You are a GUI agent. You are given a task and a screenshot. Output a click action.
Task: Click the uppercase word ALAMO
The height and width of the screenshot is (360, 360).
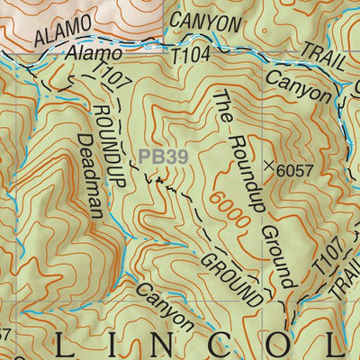tap(63, 31)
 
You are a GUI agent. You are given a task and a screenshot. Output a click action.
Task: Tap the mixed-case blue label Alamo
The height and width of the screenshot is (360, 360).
tap(93, 56)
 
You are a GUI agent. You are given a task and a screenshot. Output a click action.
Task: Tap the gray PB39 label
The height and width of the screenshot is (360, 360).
tap(163, 157)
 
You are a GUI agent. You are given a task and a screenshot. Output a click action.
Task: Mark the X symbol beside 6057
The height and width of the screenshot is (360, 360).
tap(268, 166)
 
